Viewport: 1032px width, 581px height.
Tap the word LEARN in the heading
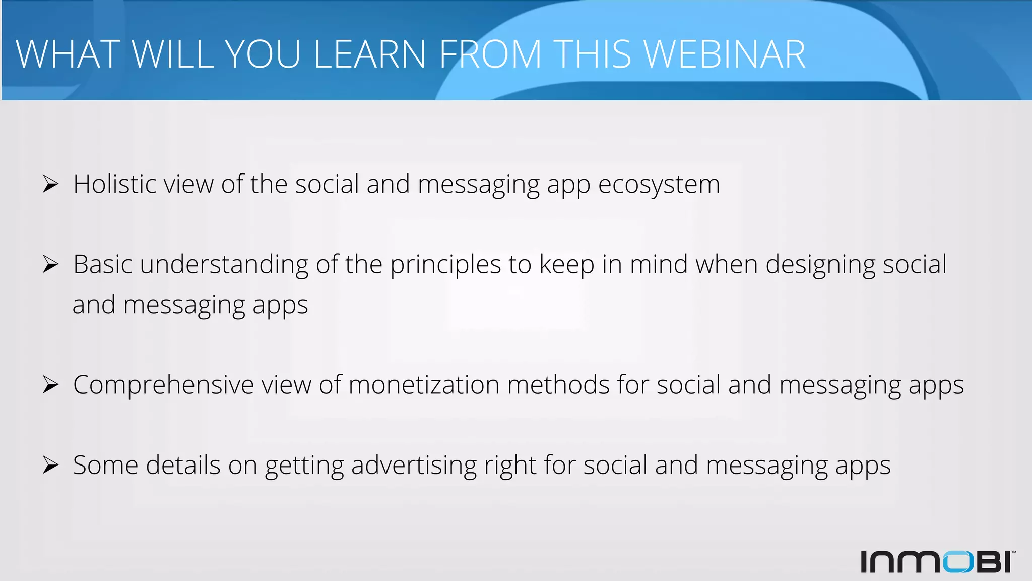click(370, 54)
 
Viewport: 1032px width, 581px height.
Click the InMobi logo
click(937, 561)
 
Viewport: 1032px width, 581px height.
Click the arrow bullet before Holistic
click(50, 184)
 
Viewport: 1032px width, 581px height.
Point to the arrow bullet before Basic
click(50, 264)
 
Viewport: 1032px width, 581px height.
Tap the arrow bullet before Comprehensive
click(50, 385)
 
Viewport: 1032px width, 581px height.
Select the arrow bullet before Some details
click(50, 465)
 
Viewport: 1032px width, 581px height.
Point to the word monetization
click(424, 385)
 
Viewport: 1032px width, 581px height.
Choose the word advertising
click(413, 466)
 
